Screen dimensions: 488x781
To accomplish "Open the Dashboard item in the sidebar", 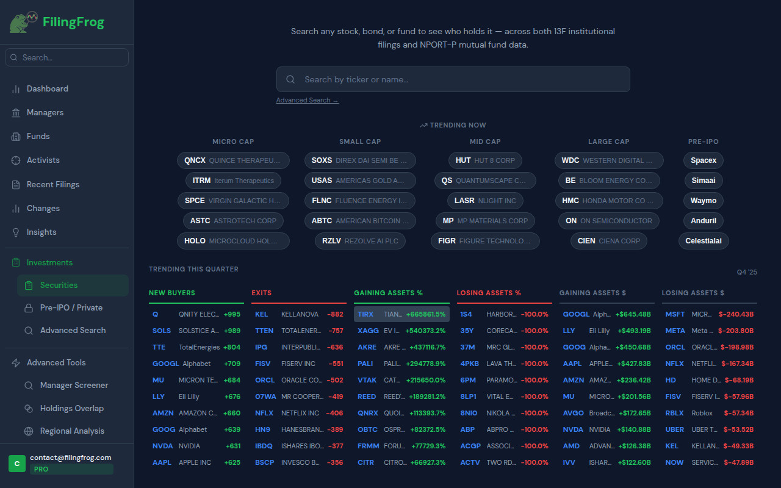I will click(47, 89).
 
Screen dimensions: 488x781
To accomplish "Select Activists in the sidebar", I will click(43, 160).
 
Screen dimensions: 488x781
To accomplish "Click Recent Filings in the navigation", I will click(52, 184).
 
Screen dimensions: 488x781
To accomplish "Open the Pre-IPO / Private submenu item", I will click(71, 308).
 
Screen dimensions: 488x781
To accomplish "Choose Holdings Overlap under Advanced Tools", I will click(71, 409).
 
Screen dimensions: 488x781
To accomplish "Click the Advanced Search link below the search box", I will click(307, 101).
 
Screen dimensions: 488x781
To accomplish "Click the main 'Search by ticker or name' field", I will click(453, 79).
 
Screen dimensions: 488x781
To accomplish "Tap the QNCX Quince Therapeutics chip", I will click(233, 160).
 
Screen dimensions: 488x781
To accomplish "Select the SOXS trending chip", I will click(360, 160).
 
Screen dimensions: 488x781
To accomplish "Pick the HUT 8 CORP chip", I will click(485, 160).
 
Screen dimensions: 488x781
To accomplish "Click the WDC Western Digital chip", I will click(608, 160).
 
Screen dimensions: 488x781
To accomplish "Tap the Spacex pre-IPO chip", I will click(704, 160).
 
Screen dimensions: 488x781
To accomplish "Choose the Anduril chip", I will click(704, 221).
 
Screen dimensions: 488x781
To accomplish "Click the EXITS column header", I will click(262, 293).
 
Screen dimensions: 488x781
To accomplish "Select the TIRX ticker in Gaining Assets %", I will click(365, 314).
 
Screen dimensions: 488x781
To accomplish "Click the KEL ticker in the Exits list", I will click(261, 314).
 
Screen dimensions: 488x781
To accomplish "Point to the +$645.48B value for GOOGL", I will click(633, 314).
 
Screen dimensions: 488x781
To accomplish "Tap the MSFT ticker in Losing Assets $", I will click(675, 314).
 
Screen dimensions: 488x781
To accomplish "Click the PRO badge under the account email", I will click(41, 470).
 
